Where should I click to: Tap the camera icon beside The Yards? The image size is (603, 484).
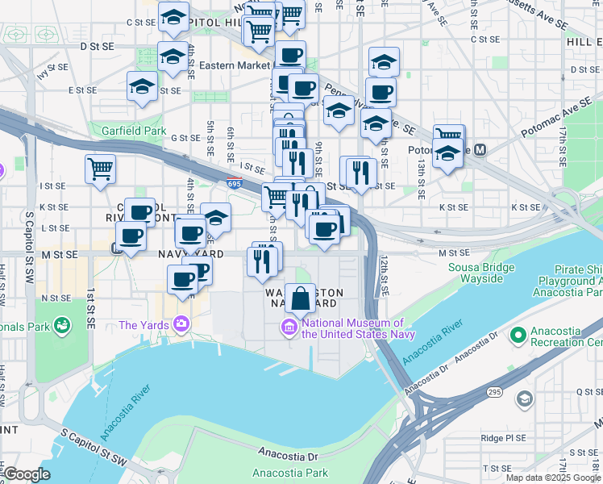pyautogui.click(x=181, y=324)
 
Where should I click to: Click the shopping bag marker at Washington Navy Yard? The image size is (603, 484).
pyautogui.click(x=300, y=298)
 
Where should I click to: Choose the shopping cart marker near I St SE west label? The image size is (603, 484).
pyautogui.click(x=101, y=169)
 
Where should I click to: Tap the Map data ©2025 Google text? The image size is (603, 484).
pyautogui.click(x=553, y=478)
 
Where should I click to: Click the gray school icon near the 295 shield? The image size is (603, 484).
pyautogui.click(x=525, y=398)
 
